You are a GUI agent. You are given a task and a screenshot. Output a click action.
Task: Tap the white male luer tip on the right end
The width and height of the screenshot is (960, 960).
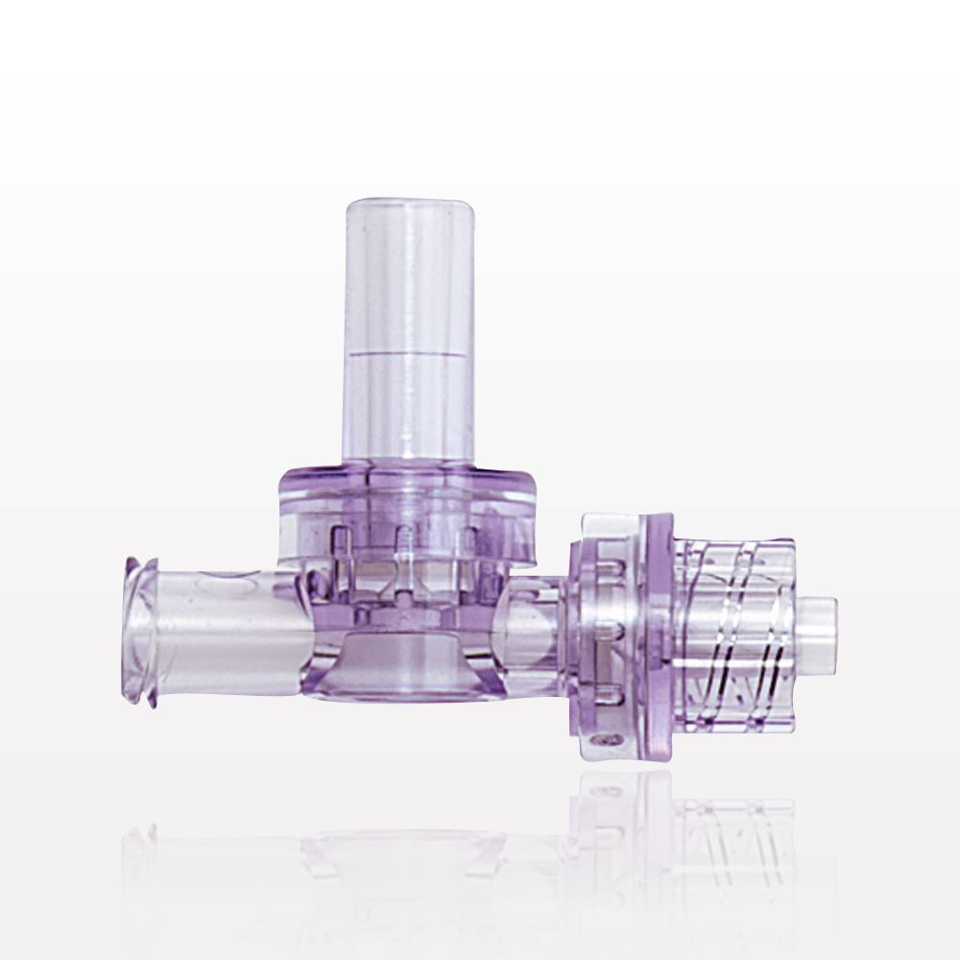coord(819,636)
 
